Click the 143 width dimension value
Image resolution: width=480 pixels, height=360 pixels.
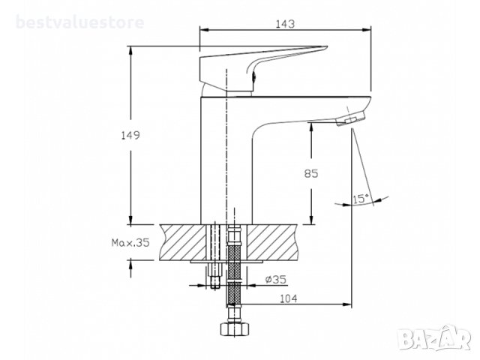coord(285,23)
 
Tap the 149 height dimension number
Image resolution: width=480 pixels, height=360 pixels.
coord(130,135)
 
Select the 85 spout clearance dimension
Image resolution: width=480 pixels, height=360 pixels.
coord(311,173)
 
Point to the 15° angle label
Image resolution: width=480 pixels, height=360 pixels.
coord(361,199)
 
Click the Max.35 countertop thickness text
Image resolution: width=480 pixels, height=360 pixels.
coord(130,243)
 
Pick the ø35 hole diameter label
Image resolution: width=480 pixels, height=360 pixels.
coord(275,279)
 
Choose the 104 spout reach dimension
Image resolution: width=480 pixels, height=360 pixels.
coord(288,298)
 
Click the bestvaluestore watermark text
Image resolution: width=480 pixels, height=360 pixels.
coord(80,22)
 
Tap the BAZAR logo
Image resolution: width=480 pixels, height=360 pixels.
coord(435,337)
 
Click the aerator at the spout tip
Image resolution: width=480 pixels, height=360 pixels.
coord(351,118)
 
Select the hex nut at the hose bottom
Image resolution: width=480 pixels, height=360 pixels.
coord(234,329)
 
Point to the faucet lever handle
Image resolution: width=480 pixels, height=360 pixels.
coord(263,68)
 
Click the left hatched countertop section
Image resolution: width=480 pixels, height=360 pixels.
coord(183,242)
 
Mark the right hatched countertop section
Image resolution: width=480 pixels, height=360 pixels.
coord(271,242)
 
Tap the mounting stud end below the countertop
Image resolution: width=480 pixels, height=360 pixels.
coord(215,276)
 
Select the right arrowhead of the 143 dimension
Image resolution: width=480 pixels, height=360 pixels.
coord(367,30)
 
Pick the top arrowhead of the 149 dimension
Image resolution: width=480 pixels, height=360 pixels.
coord(130,51)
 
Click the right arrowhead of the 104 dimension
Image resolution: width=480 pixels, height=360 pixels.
coord(347,304)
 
